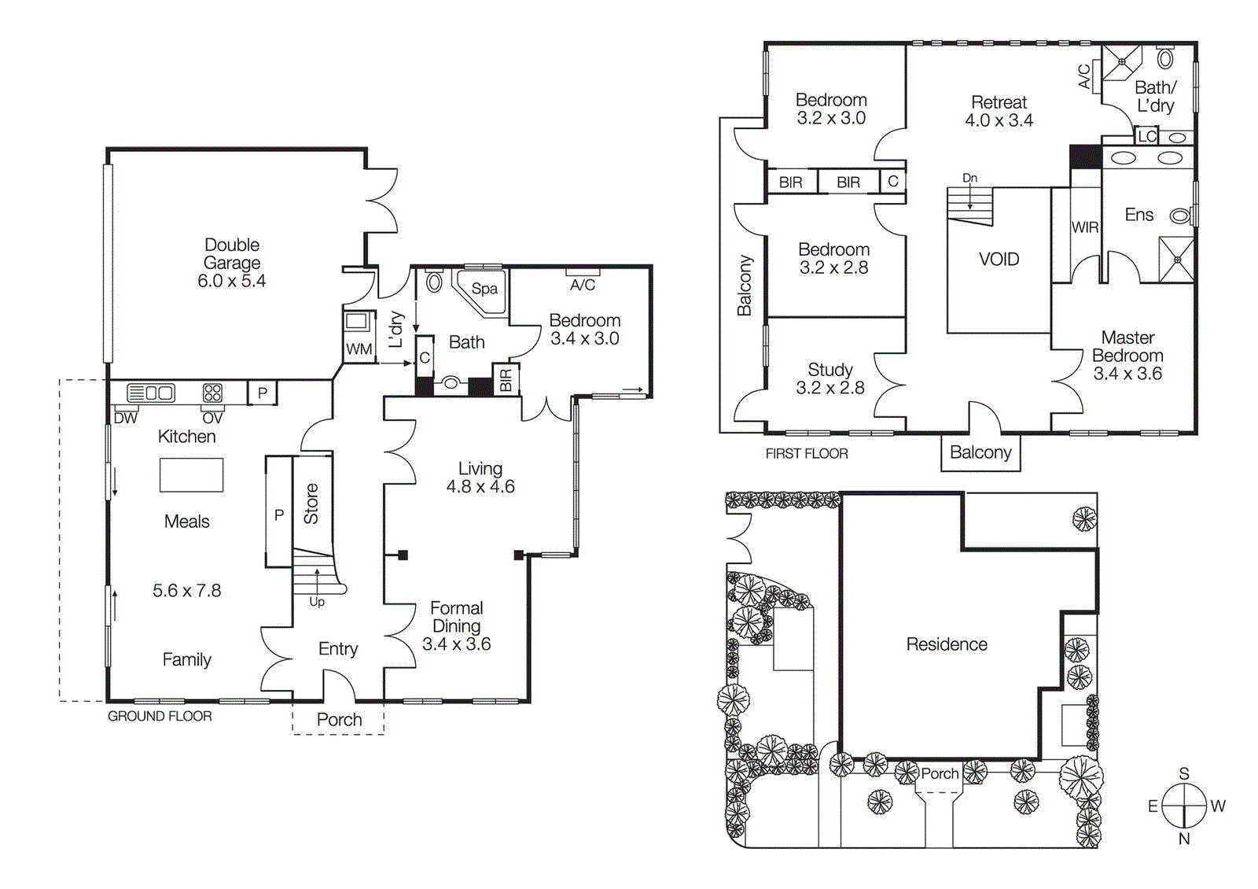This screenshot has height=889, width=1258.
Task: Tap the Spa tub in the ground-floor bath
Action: [x=484, y=289]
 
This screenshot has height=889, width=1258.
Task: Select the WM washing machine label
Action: [x=359, y=349]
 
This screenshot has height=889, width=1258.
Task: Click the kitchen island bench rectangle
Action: [x=191, y=475]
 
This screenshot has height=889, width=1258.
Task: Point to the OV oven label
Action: [x=212, y=419]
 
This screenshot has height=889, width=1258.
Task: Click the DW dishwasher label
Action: [x=126, y=419]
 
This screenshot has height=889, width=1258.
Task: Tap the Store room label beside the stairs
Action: [x=311, y=504]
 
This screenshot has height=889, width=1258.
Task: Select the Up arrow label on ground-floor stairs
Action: [x=317, y=602]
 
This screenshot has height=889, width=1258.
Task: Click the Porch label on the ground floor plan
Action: [x=339, y=719]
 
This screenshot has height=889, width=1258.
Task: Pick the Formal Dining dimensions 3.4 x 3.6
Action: [x=456, y=644]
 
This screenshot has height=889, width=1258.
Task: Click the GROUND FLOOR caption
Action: [x=160, y=716]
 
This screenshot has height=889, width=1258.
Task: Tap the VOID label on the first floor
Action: [x=999, y=259]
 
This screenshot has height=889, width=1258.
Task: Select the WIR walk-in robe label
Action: [x=1084, y=227]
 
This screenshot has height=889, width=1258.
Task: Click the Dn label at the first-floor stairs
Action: [x=970, y=179]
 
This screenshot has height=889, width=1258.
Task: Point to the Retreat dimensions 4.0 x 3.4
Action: [x=999, y=120]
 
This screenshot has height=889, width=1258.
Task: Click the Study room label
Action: [x=829, y=369]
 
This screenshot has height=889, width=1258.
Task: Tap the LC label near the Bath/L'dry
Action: [x=1147, y=136]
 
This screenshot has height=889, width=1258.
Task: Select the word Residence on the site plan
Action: [x=946, y=644]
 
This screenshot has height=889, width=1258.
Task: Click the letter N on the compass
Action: [x=1183, y=839]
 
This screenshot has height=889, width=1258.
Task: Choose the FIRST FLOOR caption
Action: [x=807, y=454]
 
